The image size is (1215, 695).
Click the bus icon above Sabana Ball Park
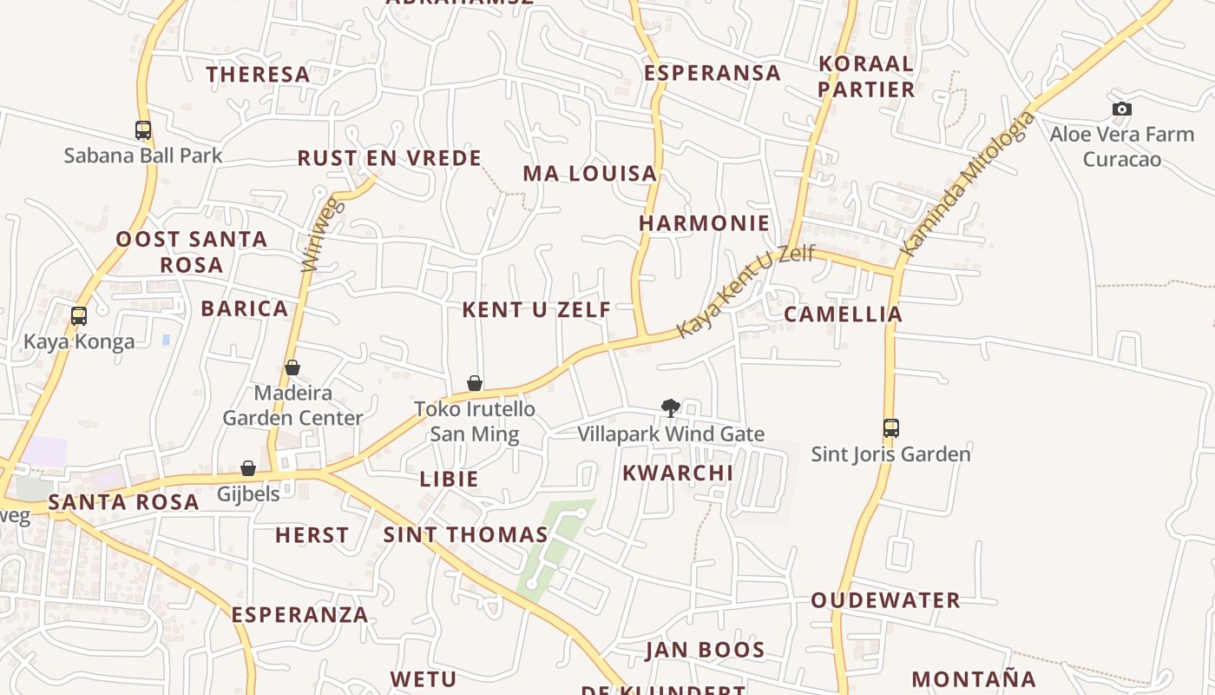(143, 130)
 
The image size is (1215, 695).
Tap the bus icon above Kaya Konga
(79, 316)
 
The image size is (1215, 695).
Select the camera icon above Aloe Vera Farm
(1121, 109)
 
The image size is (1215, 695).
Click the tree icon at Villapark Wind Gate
(670, 407)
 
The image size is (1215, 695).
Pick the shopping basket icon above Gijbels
(248, 468)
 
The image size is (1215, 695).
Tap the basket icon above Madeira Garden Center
(292, 367)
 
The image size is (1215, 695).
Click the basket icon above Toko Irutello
(475, 383)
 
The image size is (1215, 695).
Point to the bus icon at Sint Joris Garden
(890, 427)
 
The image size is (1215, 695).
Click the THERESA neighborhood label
(258, 75)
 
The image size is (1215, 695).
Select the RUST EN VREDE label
(389, 158)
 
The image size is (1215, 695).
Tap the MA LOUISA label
(589, 174)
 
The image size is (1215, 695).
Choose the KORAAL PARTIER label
(866, 76)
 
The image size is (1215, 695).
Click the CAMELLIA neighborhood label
(843, 314)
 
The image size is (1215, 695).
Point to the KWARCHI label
(678, 473)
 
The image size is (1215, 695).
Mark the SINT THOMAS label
(465, 535)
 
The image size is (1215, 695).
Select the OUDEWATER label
(885, 600)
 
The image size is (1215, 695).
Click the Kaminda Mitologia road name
(968, 184)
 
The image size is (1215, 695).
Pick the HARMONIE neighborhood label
(704, 223)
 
